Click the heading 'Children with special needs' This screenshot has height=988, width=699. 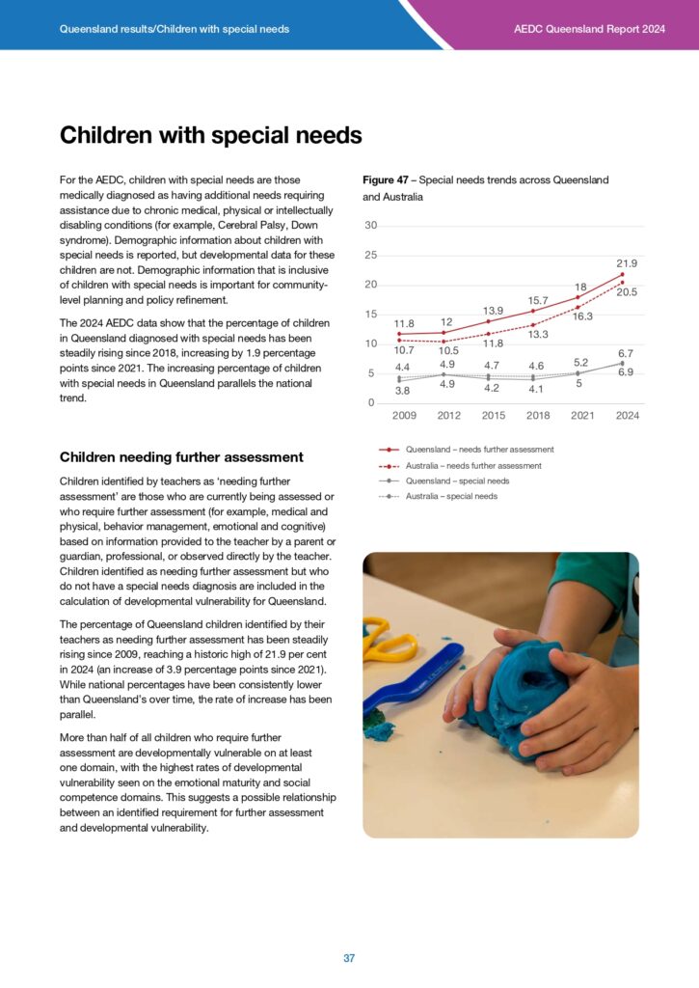pos(210,136)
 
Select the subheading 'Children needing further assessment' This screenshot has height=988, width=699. pos(181,457)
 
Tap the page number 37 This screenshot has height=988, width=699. pos(349,958)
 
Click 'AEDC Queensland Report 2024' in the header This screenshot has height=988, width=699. pos(589,29)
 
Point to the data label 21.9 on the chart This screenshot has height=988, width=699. pos(627,263)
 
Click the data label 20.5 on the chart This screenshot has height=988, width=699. pos(628,291)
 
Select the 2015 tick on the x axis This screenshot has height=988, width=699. pos(493,415)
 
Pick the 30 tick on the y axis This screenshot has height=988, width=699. pos(370,226)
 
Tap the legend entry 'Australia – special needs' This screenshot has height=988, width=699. pos(451,496)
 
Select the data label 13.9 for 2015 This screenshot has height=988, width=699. pos(493,310)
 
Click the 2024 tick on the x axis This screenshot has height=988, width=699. pos(628,415)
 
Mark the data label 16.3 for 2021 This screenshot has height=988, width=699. pos(583,316)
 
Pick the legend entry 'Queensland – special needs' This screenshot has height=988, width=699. pos(457,480)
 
